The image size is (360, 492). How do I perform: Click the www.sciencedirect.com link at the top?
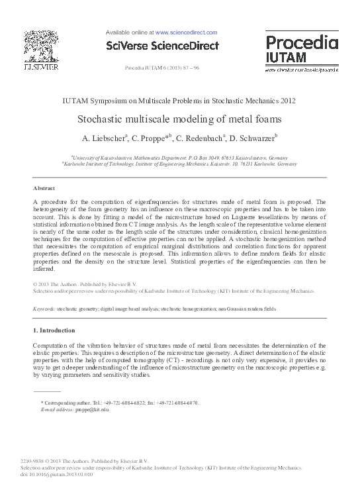tap(186, 31)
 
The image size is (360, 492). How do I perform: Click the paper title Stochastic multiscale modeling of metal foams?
tap(179, 120)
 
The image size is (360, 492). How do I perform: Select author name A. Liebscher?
tap(104, 139)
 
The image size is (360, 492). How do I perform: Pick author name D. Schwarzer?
tap(253, 139)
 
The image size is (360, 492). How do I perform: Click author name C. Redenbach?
tap(201, 139)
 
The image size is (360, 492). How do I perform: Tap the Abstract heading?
tap(44, 189)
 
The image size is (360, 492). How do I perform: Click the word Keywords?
tap(44, 309)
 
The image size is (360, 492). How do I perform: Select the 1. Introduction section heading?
tap(54, 330)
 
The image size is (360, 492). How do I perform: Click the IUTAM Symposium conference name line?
tap(179, 101)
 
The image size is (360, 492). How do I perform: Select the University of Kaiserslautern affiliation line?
tap(179, 158)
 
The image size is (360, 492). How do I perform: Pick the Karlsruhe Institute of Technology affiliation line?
tap(179, 164)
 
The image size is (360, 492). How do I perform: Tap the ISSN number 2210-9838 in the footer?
tap(34, 461)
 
